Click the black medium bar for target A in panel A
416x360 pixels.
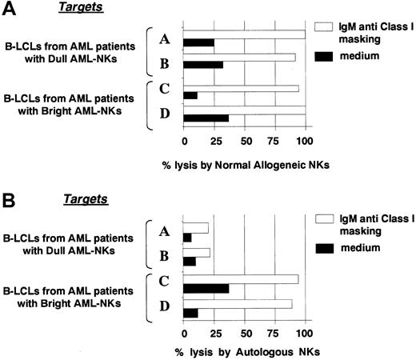[x=198, y=42]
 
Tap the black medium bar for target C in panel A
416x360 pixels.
[x=190, y=95]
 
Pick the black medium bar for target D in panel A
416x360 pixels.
[x=206, y=119]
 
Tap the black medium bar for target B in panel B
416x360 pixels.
[x=190, y=261]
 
